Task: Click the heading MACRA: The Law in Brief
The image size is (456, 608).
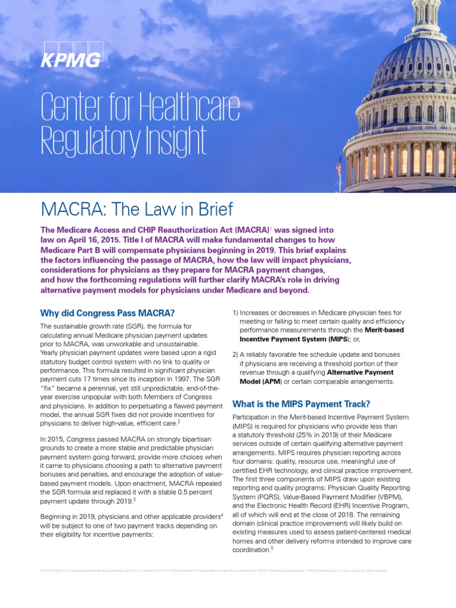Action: pyautogui.click(x=136, y=209)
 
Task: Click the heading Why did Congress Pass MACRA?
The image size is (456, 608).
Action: pyautogui.click(x=107, y=313)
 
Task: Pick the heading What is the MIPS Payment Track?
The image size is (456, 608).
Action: pyautogui.click(x=301, y=404)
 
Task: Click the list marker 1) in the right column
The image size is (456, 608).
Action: pyautogui.click(x=235, y=312)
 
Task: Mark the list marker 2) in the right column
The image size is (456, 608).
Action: pyautogui.click(x=235, y=354)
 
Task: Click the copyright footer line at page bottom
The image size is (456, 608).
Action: pyautogui.click(x=214, y=571)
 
